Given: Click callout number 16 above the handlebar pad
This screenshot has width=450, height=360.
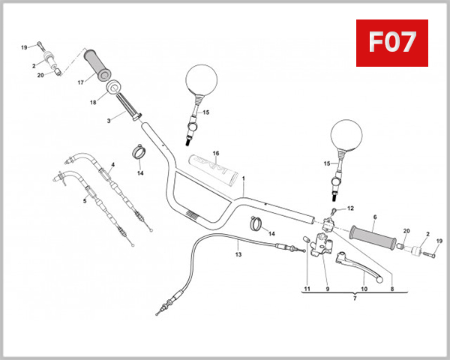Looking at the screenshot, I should [x=215, y=153].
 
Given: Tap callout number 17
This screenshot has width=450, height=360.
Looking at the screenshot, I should [x=80, y=83].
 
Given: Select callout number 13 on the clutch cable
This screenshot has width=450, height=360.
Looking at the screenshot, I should [x=238, y=254].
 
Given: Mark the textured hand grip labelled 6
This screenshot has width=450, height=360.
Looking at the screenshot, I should [x=375, y=235].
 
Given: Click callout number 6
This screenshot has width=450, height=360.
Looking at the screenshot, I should [x=373, y=217].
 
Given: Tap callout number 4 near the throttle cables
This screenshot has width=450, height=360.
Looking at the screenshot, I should [x=112, y=165].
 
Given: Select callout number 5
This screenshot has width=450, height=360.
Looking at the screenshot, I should [x=84, y=200].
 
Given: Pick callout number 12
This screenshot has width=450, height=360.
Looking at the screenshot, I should [x=350, y=208].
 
